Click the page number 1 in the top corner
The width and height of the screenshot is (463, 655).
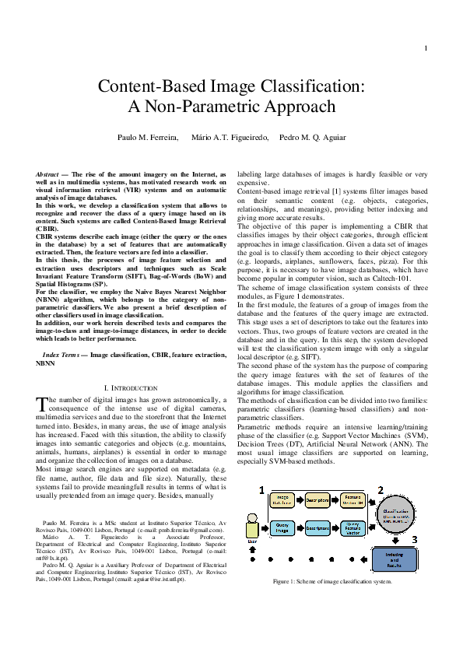(426, 49)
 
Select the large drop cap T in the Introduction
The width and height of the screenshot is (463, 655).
(43, 403)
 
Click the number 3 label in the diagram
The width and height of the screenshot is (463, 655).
(415, 540)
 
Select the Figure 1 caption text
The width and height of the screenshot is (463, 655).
(331, 582)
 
